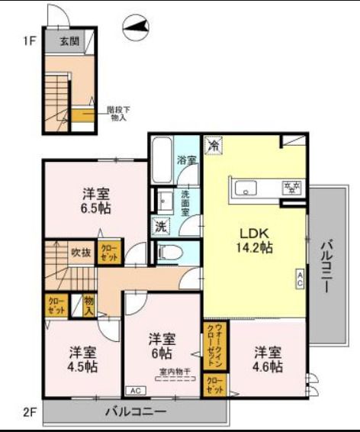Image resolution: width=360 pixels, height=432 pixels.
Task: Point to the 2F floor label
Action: click(30, 413)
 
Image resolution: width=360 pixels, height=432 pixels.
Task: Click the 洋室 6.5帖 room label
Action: click(97, 200)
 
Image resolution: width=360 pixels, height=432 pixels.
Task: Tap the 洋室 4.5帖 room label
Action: click(82, 358)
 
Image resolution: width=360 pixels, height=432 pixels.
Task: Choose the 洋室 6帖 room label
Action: click(161, 346)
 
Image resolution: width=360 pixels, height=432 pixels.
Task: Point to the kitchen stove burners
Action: click(291, 186)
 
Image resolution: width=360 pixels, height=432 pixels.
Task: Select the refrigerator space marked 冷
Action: click(214, 143)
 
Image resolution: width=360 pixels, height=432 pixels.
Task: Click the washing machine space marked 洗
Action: click(162, 225)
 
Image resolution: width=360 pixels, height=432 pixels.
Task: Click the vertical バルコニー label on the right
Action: click(325, 266)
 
